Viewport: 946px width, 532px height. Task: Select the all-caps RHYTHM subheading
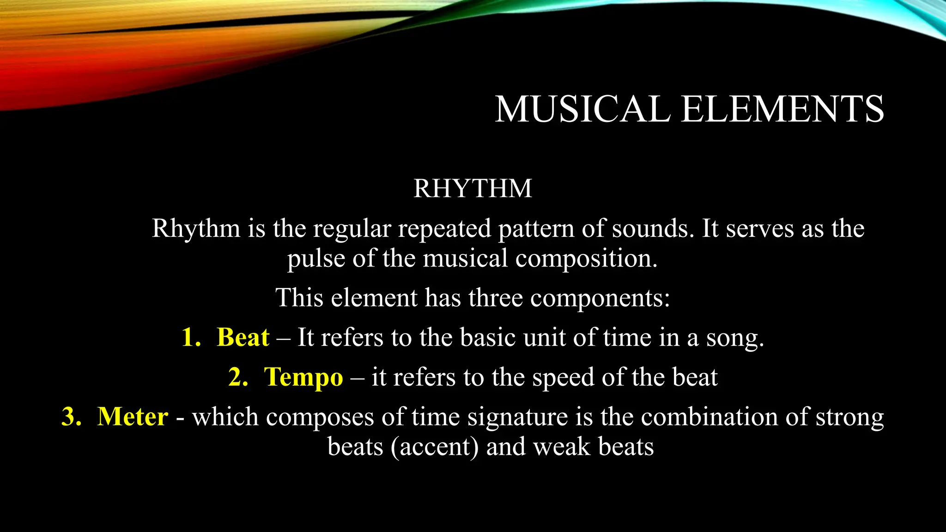click(473, 188)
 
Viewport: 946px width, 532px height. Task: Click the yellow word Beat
click(243, 337)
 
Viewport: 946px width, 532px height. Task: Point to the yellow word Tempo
click(303, 377)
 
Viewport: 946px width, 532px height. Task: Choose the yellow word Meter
click(133, 417)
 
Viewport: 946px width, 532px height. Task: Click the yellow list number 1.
click(191, 337)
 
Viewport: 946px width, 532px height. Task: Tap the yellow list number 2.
click(238, 377)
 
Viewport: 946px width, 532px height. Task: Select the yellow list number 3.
click(72, 417)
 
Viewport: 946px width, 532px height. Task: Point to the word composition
click(586, 259)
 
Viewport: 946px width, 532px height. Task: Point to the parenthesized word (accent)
click(435, 447)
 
